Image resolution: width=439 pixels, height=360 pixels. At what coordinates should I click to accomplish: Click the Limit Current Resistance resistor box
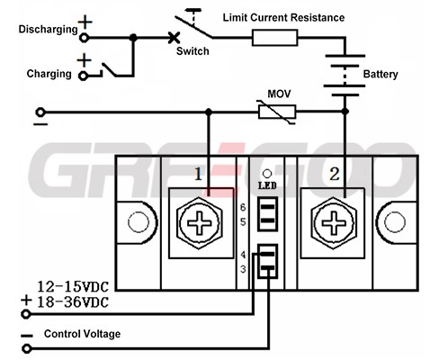pyautogui.click(x=274, y=38)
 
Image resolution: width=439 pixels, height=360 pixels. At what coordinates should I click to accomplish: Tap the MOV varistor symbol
pyautogui.click(x=277, y=112)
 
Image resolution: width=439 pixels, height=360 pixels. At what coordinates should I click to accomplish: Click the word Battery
pyautogui.click(x=381, y=74)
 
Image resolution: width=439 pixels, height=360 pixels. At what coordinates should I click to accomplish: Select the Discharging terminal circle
pyautogui.click(x=85, y=38)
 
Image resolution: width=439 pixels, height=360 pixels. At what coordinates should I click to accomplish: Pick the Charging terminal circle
pyautogui.click(x=83, y=76)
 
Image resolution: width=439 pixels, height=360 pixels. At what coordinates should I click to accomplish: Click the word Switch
pyautogui.click(x=193, y=51)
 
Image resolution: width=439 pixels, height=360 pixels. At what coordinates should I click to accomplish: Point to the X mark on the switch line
pyautogui.click(x=174, y=38)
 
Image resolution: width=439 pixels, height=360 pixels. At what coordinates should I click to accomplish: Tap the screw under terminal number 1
pyautogui.click(x=200, y=223)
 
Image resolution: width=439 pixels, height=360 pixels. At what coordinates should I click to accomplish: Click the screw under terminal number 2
pyautogui.click(x=334, y=223)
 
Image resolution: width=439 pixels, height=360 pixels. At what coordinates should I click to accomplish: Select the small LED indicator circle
pyautogui.click(x=267, y=174)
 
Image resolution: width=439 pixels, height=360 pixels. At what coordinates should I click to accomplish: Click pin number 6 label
pyautogui.click(x=243, y=207)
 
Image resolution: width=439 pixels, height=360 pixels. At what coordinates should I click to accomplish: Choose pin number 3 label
pyautogui.click(x=243, y=269)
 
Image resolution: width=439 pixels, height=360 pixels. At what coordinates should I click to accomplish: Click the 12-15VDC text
pyautogui.click(x=72, y=287)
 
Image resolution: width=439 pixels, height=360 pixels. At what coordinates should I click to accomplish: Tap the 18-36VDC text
pyautogui.click(x=72, y=302)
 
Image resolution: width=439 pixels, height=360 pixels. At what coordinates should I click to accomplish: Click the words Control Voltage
pyautogui.click(x=82, y=334)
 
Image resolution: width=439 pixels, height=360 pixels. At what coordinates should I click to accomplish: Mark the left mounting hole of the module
pyautogui.click(x=139, y=222)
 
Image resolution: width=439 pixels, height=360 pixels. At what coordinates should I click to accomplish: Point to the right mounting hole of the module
pyautogui.click(x=395, y=222)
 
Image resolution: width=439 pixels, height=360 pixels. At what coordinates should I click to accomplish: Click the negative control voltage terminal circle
pyautogui.click(x=27, y=348)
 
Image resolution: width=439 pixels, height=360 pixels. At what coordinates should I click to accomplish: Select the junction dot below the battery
pyautogui.click(x=345, y=112)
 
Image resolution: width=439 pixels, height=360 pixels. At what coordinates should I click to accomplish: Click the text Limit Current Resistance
pyautogui.click(x=283, y=17)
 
